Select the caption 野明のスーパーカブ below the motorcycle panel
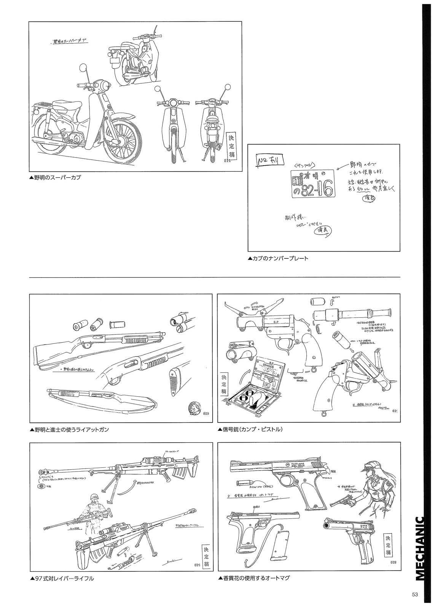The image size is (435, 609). [55, 177]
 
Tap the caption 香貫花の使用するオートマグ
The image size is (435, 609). [254, 578]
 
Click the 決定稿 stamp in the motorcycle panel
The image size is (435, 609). [231, 147]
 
